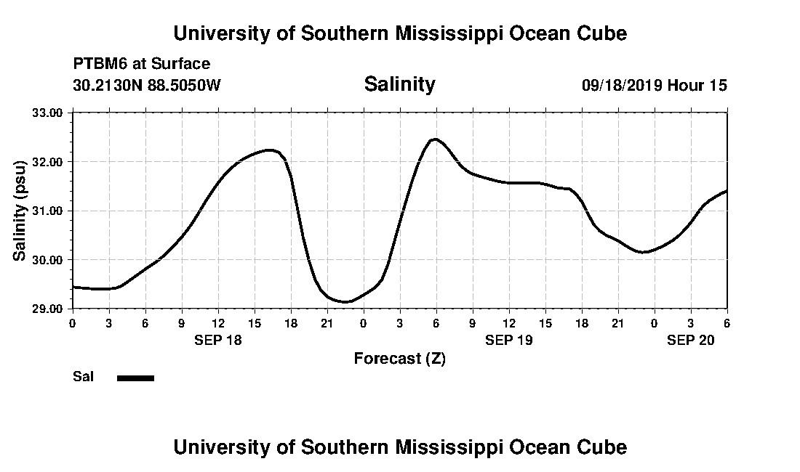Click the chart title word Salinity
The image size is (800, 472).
tap(399, 84)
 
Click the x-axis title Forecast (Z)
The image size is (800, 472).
tap(399, 358)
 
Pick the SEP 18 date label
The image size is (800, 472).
tap(218, 339)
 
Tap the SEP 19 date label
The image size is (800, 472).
tap(509, 339)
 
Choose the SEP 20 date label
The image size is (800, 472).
tap(691, 339)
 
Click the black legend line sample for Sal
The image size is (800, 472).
tap(136, 378)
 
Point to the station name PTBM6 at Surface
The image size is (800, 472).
tap(142, 64)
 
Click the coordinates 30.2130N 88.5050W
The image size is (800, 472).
tap(147, 85)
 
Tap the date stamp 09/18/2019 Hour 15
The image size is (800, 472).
tap(654, 85)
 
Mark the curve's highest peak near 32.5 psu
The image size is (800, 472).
tap(435, 139)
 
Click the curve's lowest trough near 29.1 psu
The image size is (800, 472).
tap(348, 301)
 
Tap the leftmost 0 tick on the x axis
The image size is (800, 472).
tap(72, 322)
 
